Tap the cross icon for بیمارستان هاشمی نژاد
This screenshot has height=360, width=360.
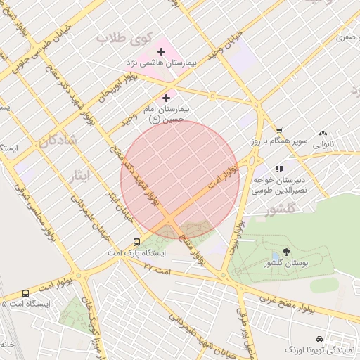[x=162, y=51]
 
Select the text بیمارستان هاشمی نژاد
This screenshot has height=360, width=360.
[x=162, y=64]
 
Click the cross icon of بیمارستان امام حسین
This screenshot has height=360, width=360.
[x=166, y=98]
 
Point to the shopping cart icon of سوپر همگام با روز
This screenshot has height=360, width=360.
[x=279, y=130]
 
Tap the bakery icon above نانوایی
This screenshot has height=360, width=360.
[x=323, y=133]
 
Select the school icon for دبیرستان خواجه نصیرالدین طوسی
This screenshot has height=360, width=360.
[x=279, y=169]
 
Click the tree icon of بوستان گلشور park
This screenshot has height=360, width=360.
[x=286, y=251]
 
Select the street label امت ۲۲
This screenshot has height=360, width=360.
[x=157, y=266]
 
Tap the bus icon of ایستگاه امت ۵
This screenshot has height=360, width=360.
[x=25, y=293]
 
